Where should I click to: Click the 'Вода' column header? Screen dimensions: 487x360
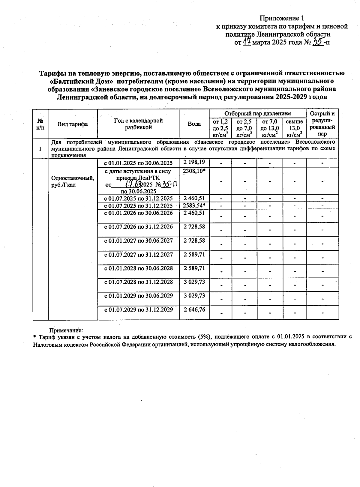(194, 124)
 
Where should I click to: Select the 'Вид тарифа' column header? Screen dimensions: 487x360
(73, 124)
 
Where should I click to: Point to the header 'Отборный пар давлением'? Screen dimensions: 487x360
(257, 113)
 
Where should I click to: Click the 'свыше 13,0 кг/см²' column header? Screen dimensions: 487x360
(294, 128)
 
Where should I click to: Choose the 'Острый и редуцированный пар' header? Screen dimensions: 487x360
(322, 124)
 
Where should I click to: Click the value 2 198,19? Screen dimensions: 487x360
(194, 162)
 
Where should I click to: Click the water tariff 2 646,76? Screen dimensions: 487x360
(194, 309)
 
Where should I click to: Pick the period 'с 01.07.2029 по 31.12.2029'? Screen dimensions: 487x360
(138, 309)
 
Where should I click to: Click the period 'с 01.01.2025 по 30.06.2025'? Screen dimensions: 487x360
(138, 163)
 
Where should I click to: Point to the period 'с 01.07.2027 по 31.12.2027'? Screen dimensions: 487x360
(138, 255)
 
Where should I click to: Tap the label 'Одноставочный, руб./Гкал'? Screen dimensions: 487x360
(73, 181)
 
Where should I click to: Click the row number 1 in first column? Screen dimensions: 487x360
(40, 149)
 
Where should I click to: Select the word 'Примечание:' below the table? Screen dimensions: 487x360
(66, 330)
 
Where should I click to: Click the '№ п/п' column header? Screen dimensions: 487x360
(40, 124)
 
